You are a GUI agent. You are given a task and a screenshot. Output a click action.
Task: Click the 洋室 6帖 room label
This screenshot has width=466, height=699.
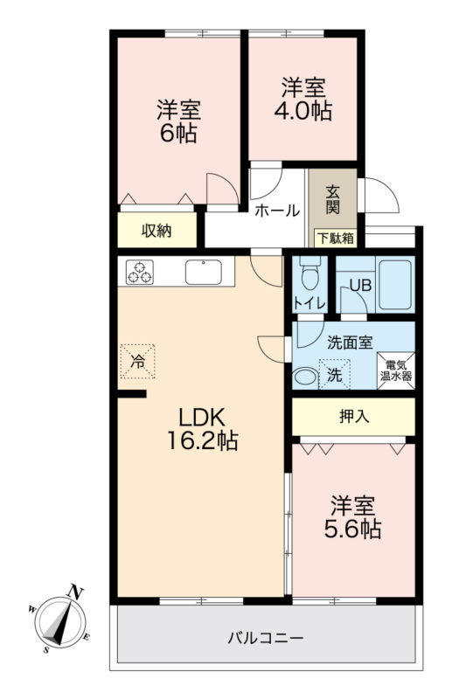[178, 121]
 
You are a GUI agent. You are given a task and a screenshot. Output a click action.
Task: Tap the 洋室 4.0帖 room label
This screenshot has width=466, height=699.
[303, 100]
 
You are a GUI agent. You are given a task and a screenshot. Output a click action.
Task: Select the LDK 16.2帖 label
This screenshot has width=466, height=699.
[202, 429]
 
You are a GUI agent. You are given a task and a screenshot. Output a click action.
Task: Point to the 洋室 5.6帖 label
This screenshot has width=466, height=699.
[352, 517]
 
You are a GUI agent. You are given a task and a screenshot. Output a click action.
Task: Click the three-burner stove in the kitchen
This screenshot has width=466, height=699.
[140, 272]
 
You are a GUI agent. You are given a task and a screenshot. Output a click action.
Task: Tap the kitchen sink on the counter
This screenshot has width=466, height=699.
[204, 272]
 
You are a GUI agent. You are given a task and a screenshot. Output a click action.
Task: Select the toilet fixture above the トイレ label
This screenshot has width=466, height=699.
[308, 273]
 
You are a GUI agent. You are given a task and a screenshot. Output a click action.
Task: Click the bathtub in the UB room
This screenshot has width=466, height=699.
[394, 285]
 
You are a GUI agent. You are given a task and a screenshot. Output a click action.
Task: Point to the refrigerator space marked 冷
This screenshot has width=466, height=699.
[138, 362]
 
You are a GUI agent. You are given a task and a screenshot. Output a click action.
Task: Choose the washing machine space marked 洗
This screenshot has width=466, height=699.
[335, 374]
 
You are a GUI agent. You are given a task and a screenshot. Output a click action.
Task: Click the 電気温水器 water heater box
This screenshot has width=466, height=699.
[396, 370]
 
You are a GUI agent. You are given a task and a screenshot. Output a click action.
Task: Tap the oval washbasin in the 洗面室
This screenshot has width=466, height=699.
[305, 377]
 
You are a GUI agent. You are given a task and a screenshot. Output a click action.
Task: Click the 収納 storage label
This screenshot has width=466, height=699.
[156, 231]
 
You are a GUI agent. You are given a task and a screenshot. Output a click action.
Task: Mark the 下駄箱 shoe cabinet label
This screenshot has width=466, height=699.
[336, 238]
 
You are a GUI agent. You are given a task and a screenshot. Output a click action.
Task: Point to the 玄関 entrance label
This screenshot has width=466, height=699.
[332, 199]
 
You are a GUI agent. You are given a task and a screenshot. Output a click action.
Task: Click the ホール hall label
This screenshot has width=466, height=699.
[277, 210]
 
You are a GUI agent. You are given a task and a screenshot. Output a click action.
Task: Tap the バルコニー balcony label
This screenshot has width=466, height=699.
[266, 639]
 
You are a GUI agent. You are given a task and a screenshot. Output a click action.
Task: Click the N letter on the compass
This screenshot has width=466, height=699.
[74, 593]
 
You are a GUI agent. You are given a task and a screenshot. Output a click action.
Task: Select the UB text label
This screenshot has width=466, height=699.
[360, 285]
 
